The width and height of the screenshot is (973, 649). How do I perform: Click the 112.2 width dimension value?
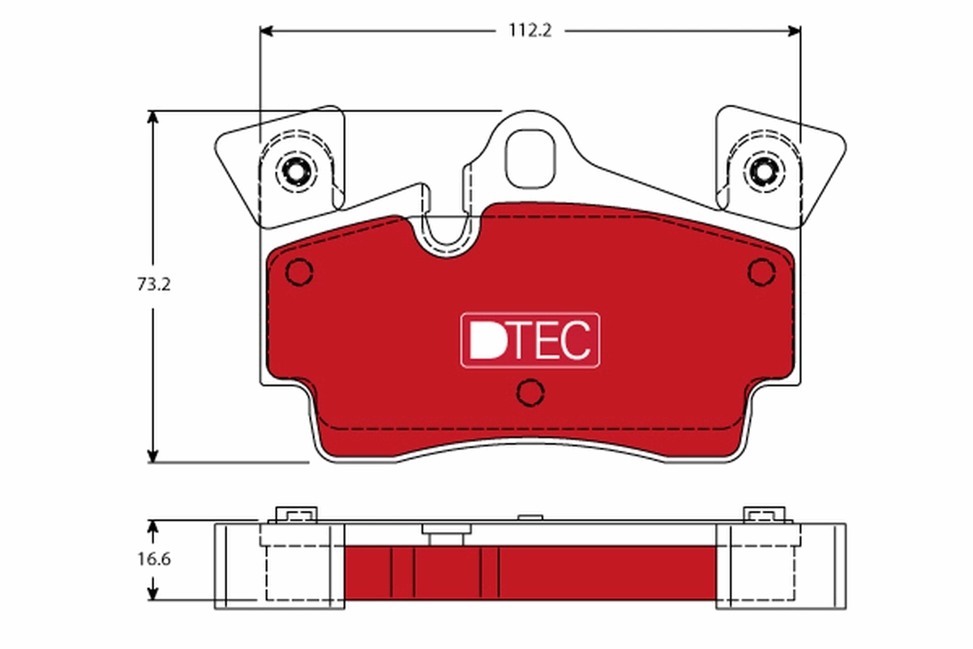pyautogui.click(x=529, y=31)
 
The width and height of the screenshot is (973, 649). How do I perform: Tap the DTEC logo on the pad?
pyautogui.click(x=530, y=340)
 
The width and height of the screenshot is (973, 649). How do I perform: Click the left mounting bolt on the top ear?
pyautogui.click(x=294, y=171)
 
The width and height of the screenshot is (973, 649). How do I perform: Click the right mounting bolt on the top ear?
pyautogui.click(x=763, y=171)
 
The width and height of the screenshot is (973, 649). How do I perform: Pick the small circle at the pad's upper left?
pyautogui.click(x=300, y=272)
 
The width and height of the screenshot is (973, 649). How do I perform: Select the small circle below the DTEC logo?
pyautogui.click(x=530, y=393)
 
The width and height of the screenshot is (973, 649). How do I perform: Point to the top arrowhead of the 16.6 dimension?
pyautogui.click(x=152, y=526)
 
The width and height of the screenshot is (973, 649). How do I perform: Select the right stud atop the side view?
pyautogui.click(x=764, y=515)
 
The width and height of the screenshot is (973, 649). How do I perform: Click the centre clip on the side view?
pyautogui.click(x=443, y=535)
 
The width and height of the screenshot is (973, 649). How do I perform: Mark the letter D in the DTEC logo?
pyautogui.click(x=484, y=341)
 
